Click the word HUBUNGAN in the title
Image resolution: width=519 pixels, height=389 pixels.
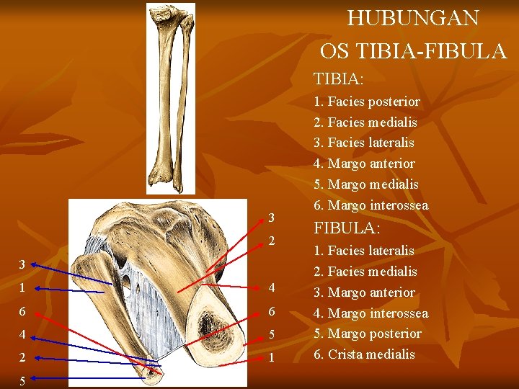[412, 18]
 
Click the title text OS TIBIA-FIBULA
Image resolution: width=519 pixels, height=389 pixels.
[413, 50]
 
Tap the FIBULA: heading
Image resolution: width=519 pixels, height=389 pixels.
[346, 228]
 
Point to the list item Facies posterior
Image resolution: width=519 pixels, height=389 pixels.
[373, 102]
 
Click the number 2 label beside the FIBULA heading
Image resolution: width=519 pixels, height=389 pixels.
[272, 240]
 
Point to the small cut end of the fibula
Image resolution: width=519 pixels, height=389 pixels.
[154, 372]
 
